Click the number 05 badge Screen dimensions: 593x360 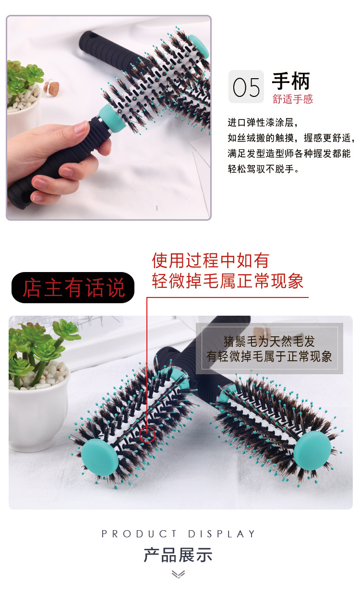(x=246, y=87)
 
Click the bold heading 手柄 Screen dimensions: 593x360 (x=291, y=81)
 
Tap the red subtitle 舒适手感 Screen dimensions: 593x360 (x=292, y=99)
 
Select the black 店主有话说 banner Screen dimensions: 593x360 (x=72, y=288)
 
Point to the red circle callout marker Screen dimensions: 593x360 (x=147, y=434)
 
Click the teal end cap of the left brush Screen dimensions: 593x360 (x=100, y=456)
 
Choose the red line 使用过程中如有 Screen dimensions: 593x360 (x=210, y=261)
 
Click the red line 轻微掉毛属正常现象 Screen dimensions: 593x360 (x=228, y=281)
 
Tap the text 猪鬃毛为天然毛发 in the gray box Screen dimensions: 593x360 (x=269, y=342)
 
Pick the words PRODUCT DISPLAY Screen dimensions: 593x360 (x=179, y=534)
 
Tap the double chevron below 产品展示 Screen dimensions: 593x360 (x=178, y=574)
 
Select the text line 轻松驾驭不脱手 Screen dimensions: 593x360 (x=264, y=169)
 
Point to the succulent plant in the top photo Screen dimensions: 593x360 (x=24, y=77)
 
